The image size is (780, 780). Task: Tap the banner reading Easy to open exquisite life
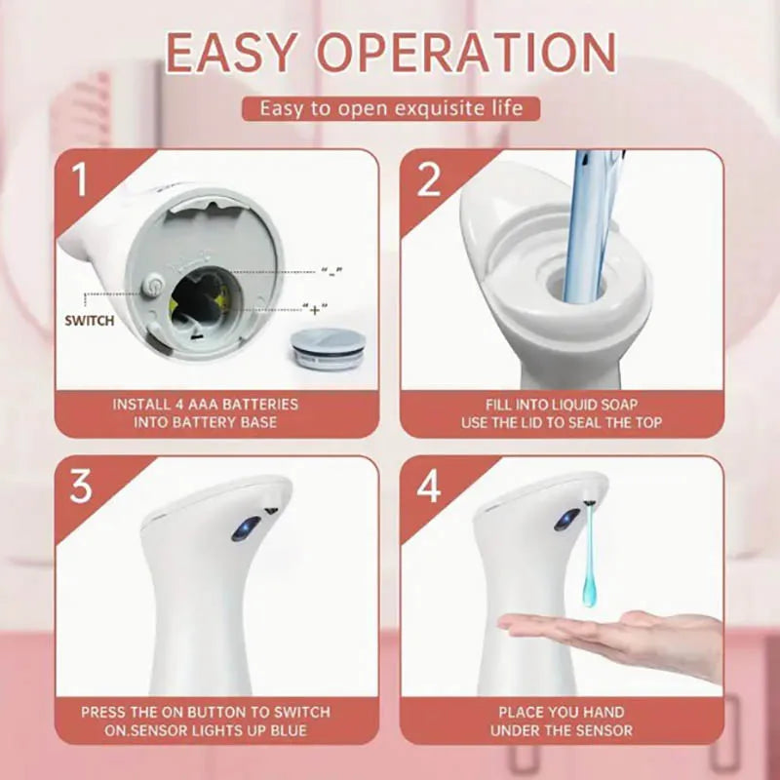tap(390, 107)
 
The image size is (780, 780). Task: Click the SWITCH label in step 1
tap(89, 320)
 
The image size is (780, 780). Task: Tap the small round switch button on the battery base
tap(152, 286)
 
